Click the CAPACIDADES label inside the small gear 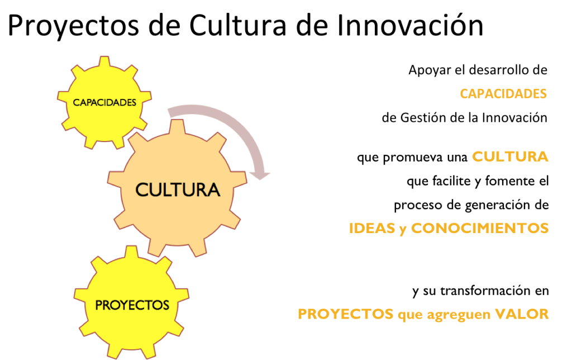point(105,102)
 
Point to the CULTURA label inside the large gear point(178,190)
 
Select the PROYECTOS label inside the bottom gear point(132,305)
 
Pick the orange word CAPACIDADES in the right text point(503,93)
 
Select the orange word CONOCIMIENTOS point(480,229)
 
